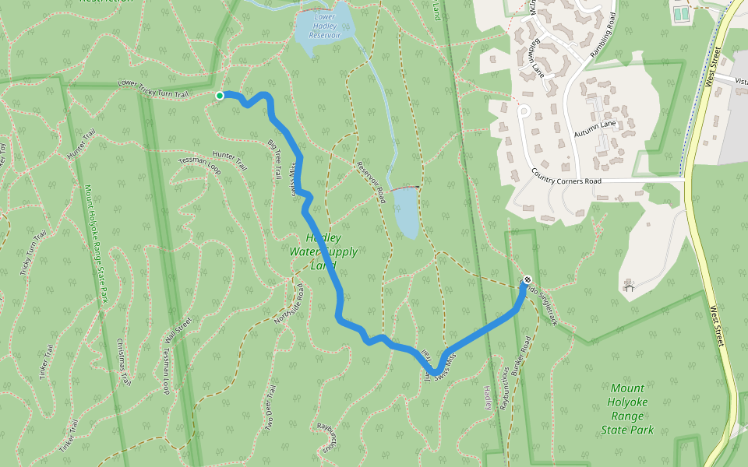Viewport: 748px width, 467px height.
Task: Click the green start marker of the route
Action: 220,96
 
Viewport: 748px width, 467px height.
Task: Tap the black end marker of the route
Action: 527,279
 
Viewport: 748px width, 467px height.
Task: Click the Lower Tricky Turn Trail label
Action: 153,88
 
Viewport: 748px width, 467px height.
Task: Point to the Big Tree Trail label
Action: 273,160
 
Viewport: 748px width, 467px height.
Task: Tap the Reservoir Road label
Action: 371,182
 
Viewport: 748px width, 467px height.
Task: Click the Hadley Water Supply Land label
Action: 323,251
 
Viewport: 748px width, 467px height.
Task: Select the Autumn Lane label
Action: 595,129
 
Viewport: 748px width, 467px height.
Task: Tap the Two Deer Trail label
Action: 270,408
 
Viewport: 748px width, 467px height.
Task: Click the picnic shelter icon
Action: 629,286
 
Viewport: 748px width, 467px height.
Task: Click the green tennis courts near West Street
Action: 681,13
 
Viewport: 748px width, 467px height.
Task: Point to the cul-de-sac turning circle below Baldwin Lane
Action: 524,111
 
